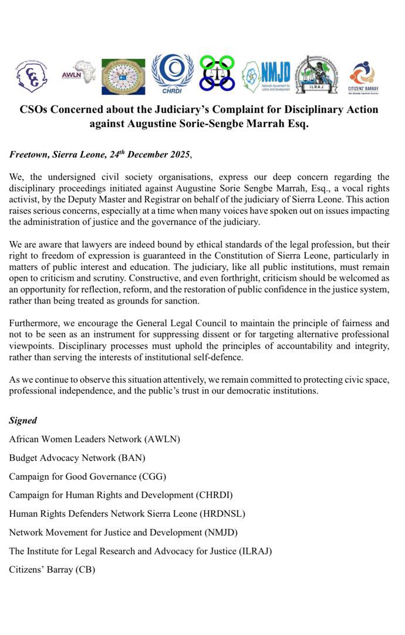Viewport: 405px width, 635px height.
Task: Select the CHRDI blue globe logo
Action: [172, 74]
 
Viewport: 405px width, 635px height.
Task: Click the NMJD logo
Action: [266, 75]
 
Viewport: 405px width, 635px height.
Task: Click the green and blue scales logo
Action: [217, 73]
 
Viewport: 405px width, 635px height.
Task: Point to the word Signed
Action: [23, 420]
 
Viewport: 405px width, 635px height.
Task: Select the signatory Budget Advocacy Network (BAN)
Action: [77, 457]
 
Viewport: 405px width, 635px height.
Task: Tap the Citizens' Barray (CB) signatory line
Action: [52, 570]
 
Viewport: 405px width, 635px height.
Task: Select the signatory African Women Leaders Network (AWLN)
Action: [95, 439]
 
